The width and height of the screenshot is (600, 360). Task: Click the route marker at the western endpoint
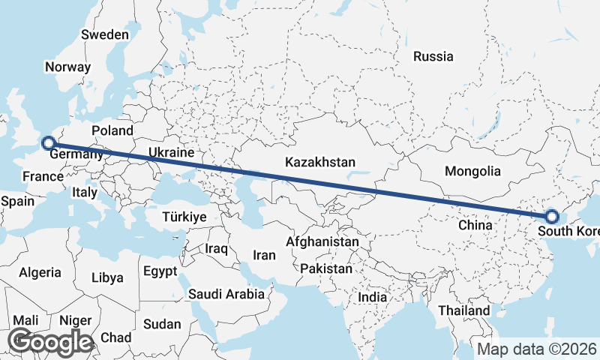[x=48, y=142]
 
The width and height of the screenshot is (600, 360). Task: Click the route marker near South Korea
[x=552, y=217]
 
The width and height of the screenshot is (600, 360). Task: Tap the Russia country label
[x=433, y=56]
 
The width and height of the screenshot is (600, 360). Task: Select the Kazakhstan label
[x=320, y=162]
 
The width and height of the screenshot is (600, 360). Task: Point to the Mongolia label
[x=472, y=171]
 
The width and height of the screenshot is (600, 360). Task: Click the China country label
[x=475, y=224]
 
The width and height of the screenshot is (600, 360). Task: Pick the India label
[x=373, y=297]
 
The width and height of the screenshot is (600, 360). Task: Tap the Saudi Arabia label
[x=226, y=293]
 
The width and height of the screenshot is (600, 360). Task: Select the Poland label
[x=112, y=131]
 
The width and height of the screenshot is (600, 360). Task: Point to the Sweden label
[x=105, y=34]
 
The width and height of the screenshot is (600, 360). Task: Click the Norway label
[x=67, y=67]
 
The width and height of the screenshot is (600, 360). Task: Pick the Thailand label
[x=464, y=310]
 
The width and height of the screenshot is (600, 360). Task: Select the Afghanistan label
[x=322, y=242]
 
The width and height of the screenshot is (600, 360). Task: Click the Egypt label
[x=160, y=271]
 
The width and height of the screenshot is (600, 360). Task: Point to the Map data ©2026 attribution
[x=537, y=349]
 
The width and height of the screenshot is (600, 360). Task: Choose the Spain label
[x=18, y=201]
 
